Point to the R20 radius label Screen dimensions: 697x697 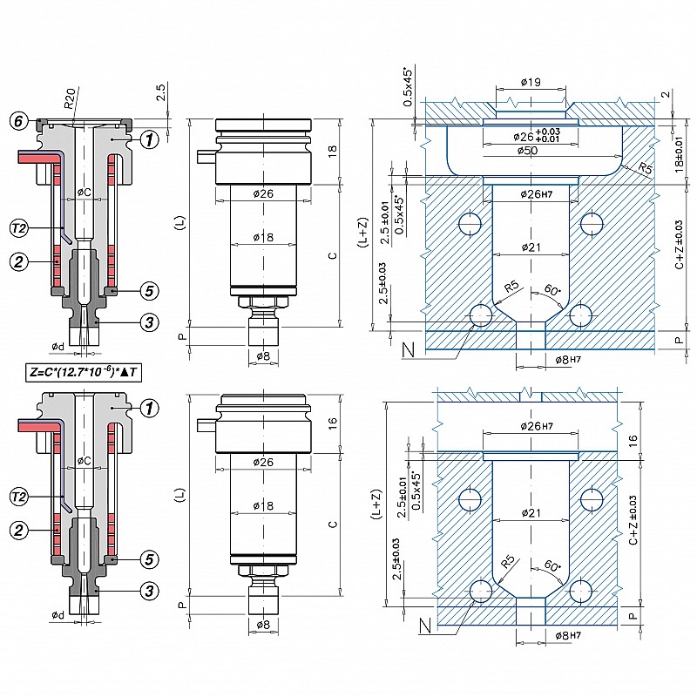coord(81,97)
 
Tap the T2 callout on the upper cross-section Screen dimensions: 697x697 coord(19,228)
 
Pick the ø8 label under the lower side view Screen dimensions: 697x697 coord(264,624)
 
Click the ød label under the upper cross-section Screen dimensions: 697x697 coord(58,347)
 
